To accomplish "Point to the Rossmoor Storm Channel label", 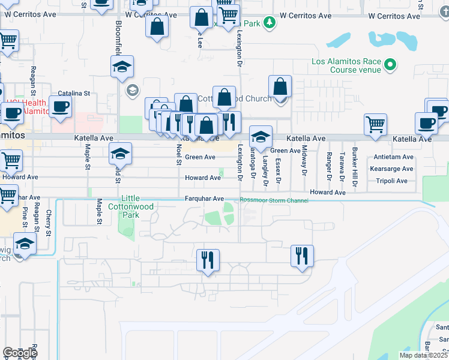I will click(274, 200).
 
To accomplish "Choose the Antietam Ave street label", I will click(393, 157).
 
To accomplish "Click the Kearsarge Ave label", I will click(393, 169).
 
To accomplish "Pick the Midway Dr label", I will click(304, 157).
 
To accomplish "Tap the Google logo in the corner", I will click(20, 352).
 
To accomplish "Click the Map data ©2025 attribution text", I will click(423, 355).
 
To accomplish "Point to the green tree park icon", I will click(271, 23).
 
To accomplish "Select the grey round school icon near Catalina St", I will click(131, 90).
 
